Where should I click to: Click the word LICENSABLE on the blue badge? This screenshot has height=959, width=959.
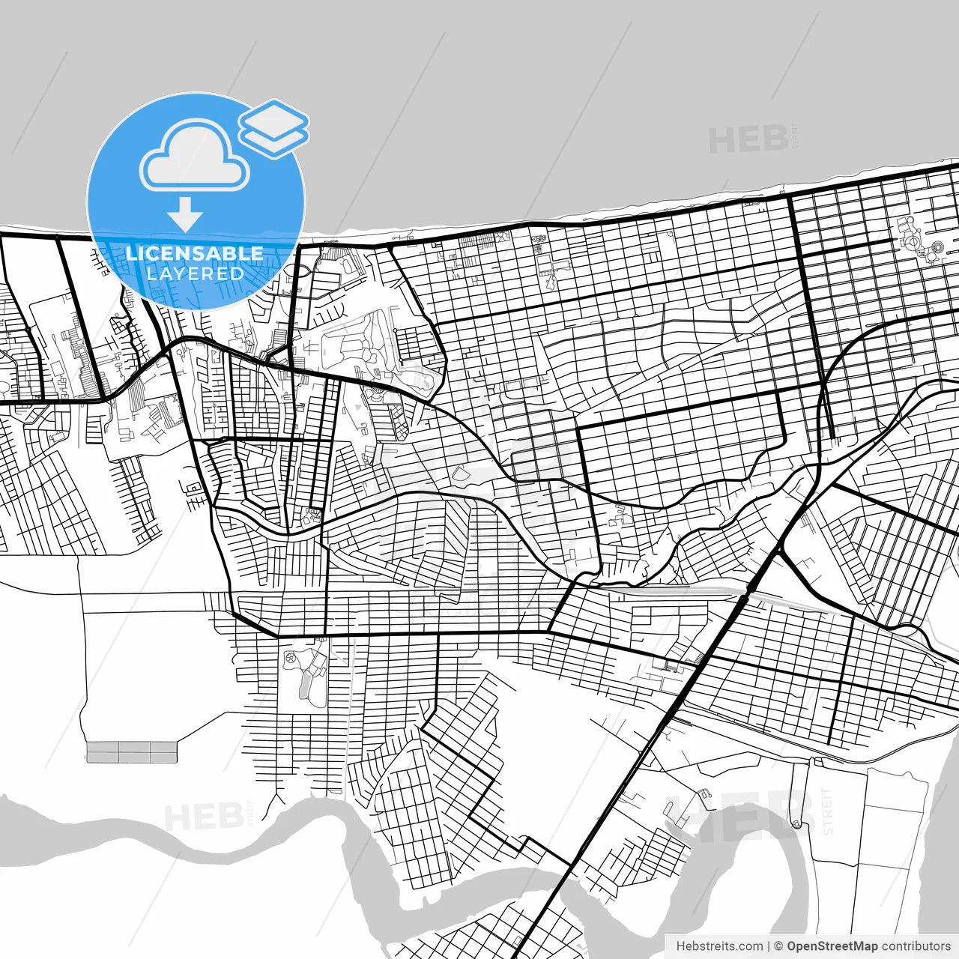[195, 253]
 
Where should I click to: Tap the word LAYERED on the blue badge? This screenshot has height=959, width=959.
[195, 273]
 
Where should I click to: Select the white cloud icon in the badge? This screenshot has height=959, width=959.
[195, 159]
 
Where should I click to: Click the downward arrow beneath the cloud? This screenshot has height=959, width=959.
[185, 214]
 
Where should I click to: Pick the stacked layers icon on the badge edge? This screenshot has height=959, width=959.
[274, 128]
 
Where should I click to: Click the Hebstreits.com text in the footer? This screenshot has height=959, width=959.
[719, 946]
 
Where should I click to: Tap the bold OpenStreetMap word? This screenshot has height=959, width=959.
[832, 946]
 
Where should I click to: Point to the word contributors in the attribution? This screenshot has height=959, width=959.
[916, 946]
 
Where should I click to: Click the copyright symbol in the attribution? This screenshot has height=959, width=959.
[778, 946]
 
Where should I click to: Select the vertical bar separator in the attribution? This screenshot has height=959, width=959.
[769, 946]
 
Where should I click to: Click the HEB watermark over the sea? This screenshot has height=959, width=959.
[748, 139]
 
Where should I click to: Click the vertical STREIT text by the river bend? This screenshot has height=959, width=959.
[827, 811]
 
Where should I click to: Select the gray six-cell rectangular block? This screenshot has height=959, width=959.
[132, 752]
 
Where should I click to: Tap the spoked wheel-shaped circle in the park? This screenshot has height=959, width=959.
[290, 659]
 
